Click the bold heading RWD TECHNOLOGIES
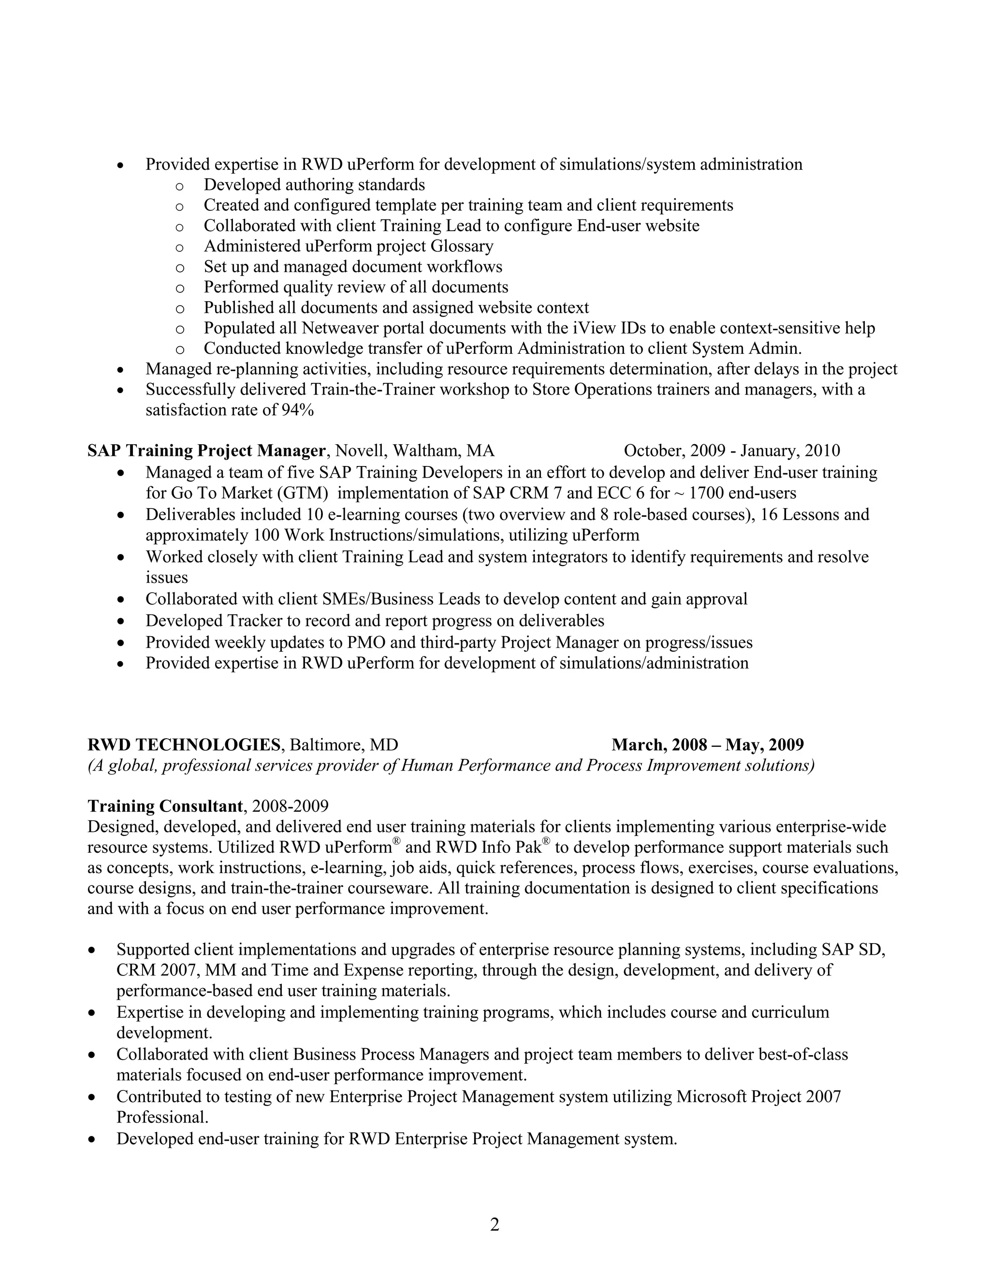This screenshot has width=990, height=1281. (x=184, y=745)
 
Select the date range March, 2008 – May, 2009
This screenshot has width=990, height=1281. (x=707, y=745)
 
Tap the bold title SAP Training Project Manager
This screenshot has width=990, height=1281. (x=206, y=451)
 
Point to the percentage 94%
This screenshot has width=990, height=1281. (x=297, y=410)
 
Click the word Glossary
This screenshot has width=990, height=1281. (x=462, y=246)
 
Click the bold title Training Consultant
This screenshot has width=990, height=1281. (x=165, y=806)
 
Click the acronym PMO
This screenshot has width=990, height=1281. (x=366, y=642)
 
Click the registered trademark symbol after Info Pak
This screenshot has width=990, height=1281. (x=546, y=842)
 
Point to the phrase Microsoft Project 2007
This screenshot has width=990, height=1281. (x=758, y=1096)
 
